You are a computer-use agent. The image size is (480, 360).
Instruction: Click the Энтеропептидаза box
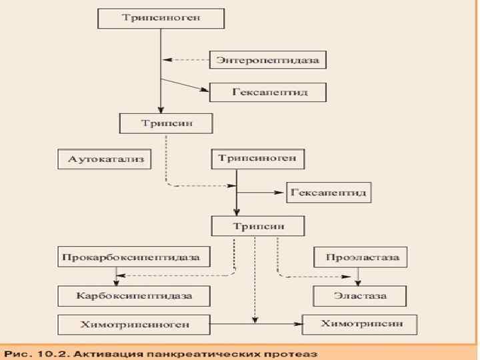pyautogui.click(x=268, y=61)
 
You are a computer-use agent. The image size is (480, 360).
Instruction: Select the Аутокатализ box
pyautogui.click(x=101, y=159)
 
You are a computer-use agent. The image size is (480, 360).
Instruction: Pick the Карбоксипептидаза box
pyautogui.click(x=135, y=295)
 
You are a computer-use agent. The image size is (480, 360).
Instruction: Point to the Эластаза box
pyautogui.click(x=360, y=295)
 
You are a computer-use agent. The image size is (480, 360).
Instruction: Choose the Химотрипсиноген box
pyautogui.click(x=135, y=325)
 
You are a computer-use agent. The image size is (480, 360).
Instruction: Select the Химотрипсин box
pyautogui.click(x=360, y=324)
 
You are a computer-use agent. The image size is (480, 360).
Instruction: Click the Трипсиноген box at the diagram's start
pyautogui.click(x=161, y=18)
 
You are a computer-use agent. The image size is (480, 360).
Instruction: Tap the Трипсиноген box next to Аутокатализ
pyautogui.click(x=259, y=159)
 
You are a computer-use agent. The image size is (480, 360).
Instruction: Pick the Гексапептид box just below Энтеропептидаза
pyautogui.click(x=268, y=91)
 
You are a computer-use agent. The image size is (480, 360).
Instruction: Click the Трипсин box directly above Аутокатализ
pyautogui.click(x=166, y=123)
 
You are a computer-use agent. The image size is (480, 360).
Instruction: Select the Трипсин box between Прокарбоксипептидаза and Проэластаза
pyautogui.click(x=259, y=225)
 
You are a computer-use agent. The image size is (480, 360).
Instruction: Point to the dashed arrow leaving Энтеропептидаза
pyautogui.click(x=187, y=60)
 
